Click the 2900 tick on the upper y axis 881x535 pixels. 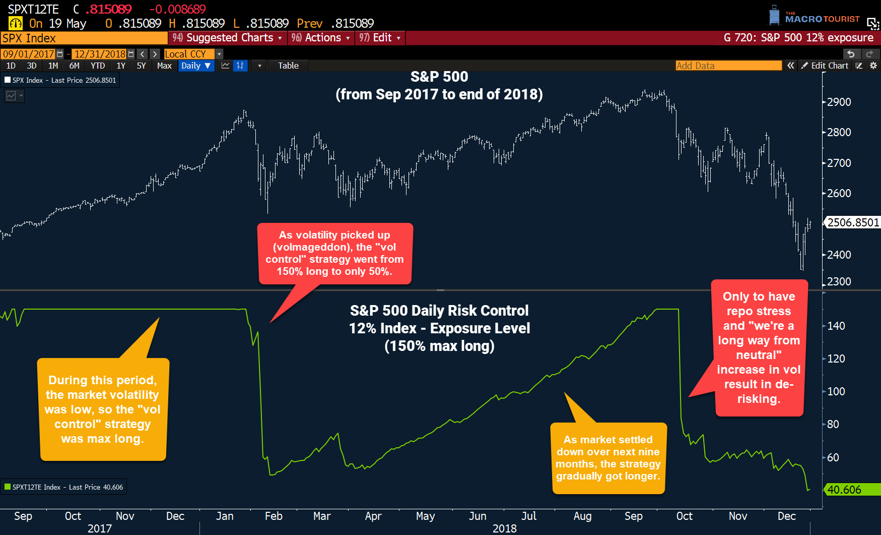tap(839, 102)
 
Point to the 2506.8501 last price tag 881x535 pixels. tap(852, 222)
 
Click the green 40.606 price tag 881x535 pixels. tap(851, 490)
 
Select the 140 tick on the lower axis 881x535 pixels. tap(836, 326)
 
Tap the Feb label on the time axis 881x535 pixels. tap(274, 516)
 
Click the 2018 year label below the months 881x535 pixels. tap(504, 528)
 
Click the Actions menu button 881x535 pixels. tap(321, 38)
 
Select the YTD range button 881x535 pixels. tap(98, 66)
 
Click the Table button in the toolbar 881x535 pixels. tap(288, 66)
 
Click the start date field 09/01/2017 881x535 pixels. tap(29, 54)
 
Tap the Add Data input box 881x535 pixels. tap(728, 66)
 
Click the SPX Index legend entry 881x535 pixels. tap(60, 80)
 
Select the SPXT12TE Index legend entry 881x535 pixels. tap(64, 487)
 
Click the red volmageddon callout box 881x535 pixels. tap(335, 253)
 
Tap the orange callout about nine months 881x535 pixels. tap(608, 458)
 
